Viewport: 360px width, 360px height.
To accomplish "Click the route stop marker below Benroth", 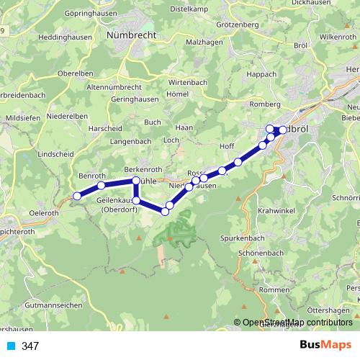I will tap(101, 186).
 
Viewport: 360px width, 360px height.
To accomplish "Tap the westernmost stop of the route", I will tap(77, 195).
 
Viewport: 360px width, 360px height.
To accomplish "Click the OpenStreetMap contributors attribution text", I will tap(297, 323).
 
